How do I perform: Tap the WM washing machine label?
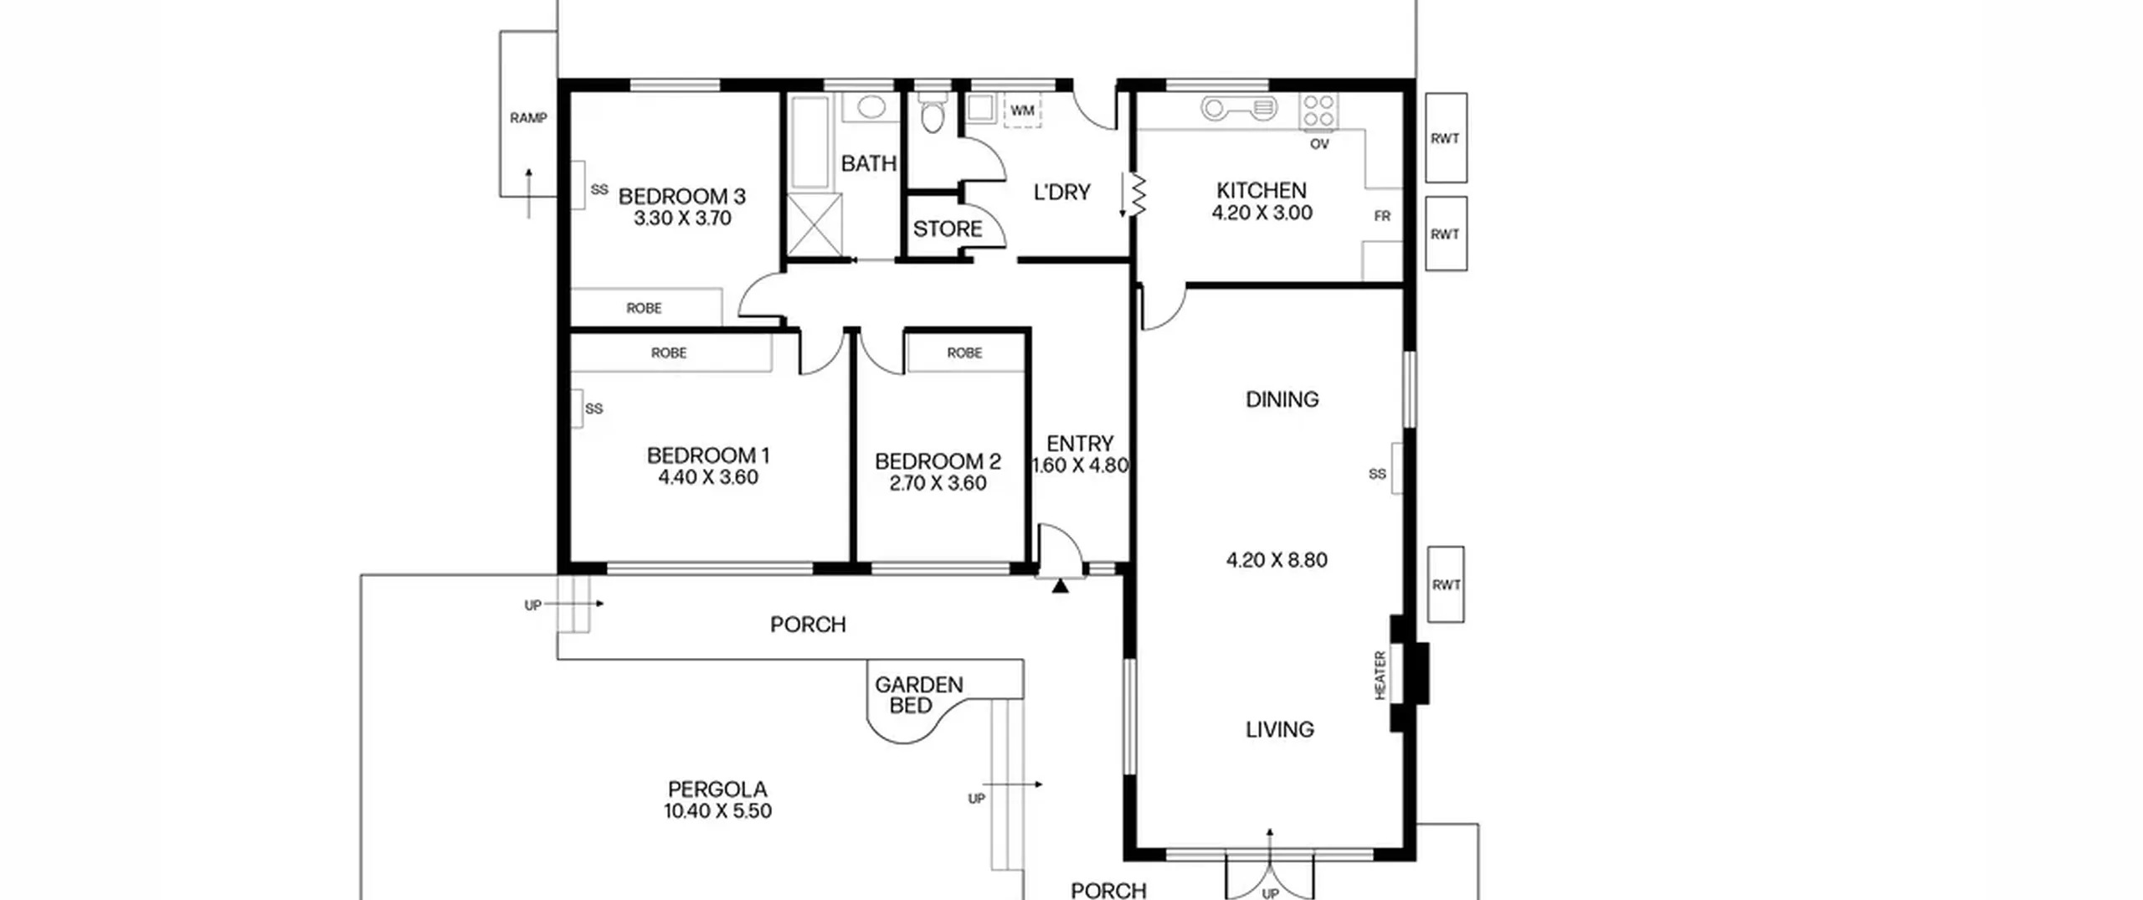1022,111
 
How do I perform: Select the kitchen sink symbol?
1240,108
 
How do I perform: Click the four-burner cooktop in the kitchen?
1318,111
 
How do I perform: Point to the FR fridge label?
1382,216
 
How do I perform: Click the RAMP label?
528,118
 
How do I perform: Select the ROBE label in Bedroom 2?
964,353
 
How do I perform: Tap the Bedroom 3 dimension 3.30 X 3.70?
682,219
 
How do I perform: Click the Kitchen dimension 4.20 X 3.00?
1262,213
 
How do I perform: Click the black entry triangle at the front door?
1060,586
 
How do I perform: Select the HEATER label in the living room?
1380,675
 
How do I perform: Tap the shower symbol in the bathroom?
815,224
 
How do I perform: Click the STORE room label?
948,229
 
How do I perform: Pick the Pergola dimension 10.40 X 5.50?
717,810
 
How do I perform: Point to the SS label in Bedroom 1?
594,409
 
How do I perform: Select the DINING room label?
1282,399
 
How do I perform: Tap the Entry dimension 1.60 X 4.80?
1080,465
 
